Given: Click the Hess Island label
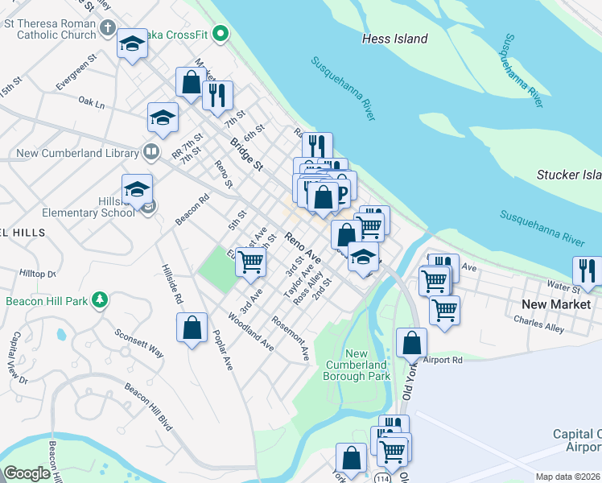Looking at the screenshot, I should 394,39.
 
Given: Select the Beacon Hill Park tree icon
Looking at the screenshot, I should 100,301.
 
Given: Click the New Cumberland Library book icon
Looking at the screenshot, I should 150,151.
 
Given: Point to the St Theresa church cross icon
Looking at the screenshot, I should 108,29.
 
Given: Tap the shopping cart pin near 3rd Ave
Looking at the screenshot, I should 251,261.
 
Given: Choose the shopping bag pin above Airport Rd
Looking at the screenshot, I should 411,342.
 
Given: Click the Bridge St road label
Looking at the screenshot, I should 246,155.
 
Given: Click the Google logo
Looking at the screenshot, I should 27,473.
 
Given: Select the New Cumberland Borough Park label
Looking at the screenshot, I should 357,365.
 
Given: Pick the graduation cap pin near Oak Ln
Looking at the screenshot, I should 163,118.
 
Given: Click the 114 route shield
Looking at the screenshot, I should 377,478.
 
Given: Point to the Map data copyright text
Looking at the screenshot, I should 567,477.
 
